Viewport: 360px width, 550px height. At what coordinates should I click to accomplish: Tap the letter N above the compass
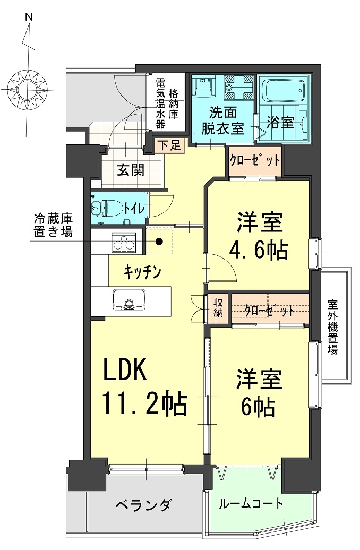(29, 17)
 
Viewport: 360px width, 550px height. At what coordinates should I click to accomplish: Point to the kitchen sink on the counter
(128, 300)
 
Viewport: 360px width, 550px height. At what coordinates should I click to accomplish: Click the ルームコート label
(251, 503)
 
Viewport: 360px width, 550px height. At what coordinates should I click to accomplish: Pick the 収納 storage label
(219, 307)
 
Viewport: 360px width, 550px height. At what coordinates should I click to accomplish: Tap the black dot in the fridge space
(159, 243)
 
